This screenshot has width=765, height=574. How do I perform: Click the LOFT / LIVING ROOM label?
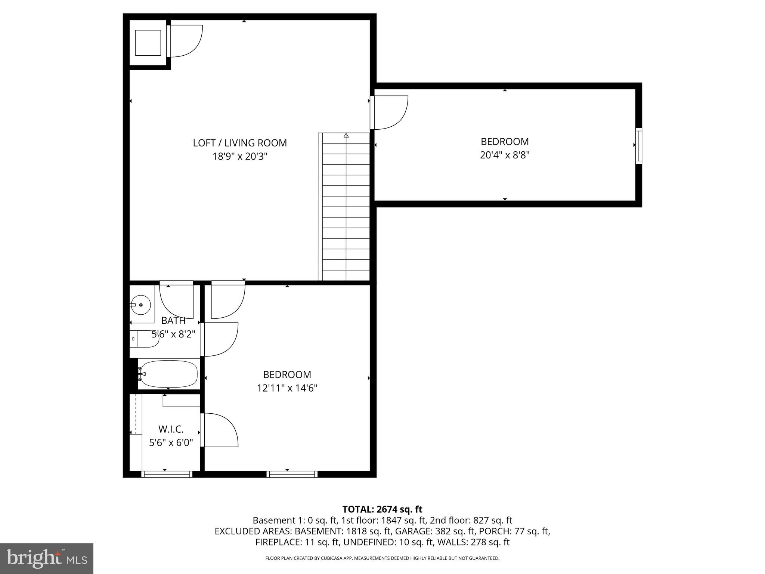click(x=240, y=143)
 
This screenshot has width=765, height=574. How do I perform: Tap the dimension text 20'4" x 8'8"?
click(x=505, y=155)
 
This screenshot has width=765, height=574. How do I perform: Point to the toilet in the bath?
click(x=144, y=339)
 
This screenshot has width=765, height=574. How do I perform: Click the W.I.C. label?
click(x=171, y=429)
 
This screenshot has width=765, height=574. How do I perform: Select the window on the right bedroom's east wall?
click(x=639, y=146)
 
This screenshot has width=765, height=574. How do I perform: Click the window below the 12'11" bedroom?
click(x=292, y=474)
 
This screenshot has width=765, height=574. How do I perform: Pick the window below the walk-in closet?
click(x=167, y=474)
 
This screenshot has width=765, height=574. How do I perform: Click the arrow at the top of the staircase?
click(x=346, y=136)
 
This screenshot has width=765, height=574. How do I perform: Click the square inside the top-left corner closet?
click(x=148, y=43)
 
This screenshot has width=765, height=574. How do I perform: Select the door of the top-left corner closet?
click(x=185, y=41)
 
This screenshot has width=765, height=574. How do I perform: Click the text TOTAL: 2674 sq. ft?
click(x=382, y=509)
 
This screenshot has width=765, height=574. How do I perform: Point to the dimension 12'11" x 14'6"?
click(x=287, y=388)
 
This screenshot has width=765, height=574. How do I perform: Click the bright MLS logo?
click(x=47, y=558)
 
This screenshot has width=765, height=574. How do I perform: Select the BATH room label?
click(x=173, y=321)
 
